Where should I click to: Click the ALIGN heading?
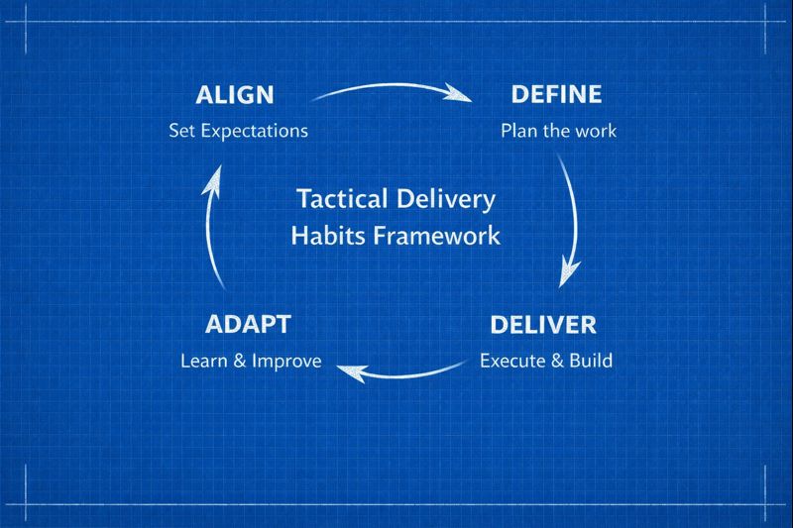tap(235, 95)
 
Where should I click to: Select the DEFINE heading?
tap(556, 95)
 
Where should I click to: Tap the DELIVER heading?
tap(543, 325)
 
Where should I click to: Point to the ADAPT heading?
tap(248, 325)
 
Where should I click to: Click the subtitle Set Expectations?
tap(238, 130)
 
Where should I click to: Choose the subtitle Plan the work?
tap(558, 130)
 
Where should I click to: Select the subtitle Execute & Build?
tap(545, 361)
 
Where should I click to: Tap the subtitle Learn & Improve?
tap(250, 361)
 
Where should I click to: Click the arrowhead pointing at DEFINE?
tap(459, 95)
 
